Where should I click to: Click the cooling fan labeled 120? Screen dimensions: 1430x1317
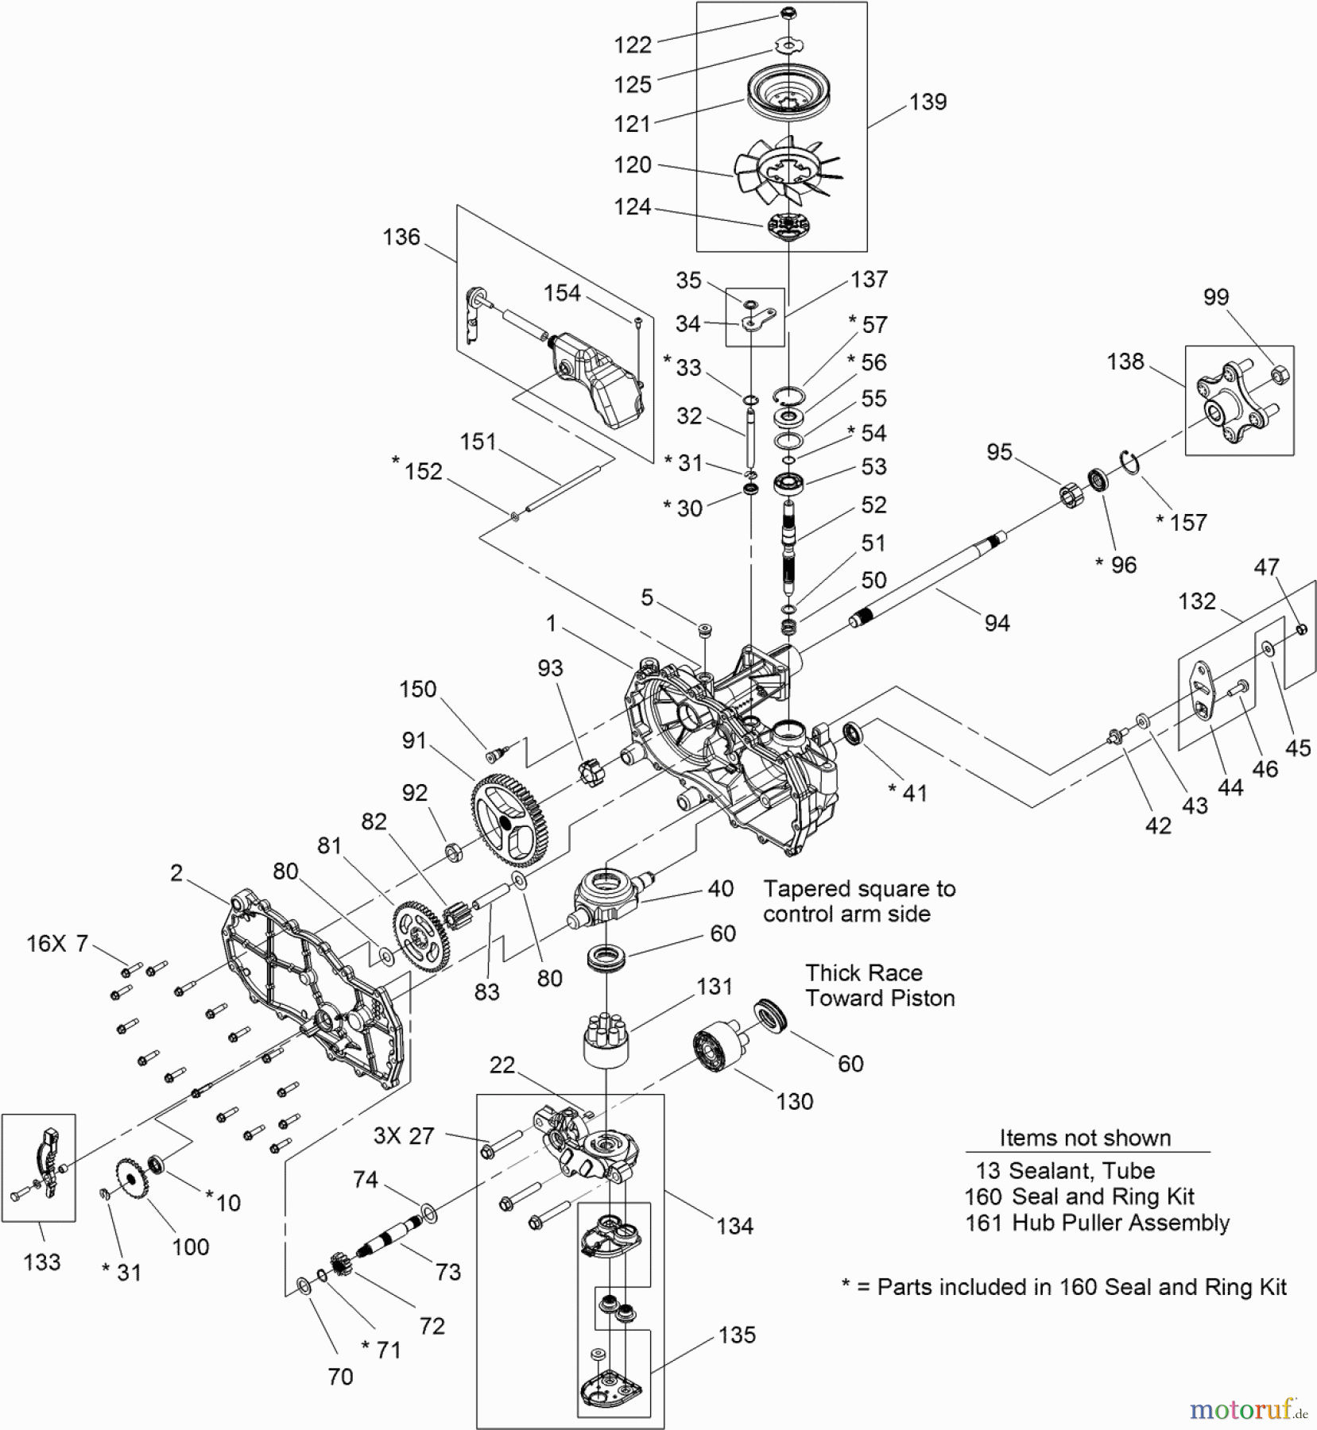[x=787, y=170]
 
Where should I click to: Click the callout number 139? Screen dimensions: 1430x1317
[x=928, y=102]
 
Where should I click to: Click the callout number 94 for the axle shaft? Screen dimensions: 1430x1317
[x=997, y=623]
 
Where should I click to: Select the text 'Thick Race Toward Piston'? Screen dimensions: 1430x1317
[x=880, y=986]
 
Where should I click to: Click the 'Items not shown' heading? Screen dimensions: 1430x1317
[x=1085, y=1138]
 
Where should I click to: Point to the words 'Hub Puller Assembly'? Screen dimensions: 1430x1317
[x=1121, y=1223]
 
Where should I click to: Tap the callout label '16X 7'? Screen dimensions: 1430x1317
[x=57, y=944]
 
